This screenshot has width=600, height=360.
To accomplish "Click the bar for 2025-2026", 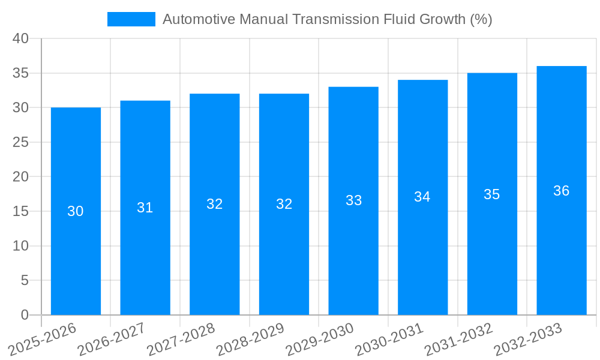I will (x=76, y=211).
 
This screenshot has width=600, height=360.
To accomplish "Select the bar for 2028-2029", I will (x=284, y=204).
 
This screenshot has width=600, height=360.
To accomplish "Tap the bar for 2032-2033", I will (x=562, y=190).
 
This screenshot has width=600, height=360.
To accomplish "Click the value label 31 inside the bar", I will (x=145, y=208).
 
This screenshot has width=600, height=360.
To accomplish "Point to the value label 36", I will (x=562, y=191).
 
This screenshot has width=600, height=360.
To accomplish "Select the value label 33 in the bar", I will (x=353, y=200).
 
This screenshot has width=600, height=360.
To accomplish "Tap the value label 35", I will (x=492, y=194).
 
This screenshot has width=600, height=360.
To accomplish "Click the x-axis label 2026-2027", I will (x=112, y=340).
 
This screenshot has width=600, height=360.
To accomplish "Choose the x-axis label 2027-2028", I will (x=181, y=340).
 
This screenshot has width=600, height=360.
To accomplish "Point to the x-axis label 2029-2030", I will (x=320, y=340).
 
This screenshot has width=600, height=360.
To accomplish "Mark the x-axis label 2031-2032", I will (x=459, y=340).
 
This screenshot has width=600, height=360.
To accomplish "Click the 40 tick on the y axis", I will (x=21, y=38).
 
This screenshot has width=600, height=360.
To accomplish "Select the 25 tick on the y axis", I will (x=21, y=142).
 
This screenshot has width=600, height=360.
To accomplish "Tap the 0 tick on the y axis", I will (x=25, y=315).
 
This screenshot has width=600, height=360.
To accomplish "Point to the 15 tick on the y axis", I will (x=21, y=211).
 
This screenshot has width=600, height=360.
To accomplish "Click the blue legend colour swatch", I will (x=131, y=19).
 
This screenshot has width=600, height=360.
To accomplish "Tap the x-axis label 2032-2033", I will (x=529, y=340).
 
